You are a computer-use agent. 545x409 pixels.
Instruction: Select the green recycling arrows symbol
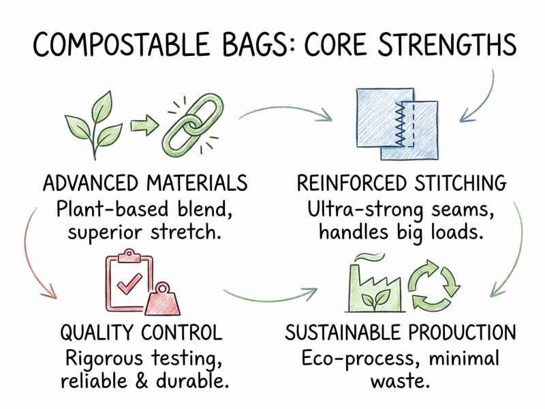point(433,286)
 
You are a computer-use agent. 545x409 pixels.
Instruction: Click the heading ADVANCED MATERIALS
point(144,183)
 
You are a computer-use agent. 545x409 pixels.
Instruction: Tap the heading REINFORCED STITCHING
point(402,183)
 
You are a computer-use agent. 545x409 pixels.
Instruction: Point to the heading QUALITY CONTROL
point(141,333)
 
